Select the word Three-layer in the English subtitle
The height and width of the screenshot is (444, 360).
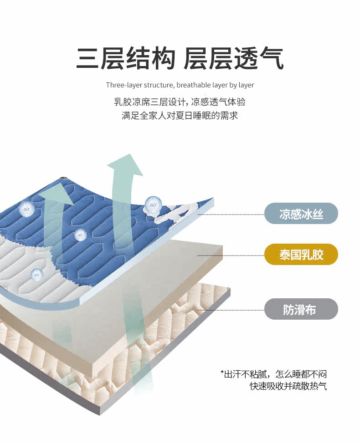(123, 85)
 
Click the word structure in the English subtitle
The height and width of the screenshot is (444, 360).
(158, 85)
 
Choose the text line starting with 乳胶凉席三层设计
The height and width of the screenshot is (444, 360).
(180, 102)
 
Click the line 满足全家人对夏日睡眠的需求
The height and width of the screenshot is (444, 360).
(180, 116)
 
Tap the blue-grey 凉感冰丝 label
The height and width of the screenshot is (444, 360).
(301, 214)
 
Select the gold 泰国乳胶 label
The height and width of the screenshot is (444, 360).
(301, 255)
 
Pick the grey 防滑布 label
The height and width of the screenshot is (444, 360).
(301, 309)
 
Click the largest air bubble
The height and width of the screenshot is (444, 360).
(153, 205)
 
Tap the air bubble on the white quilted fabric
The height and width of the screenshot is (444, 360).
(37, 275)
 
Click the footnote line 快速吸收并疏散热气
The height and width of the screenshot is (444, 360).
(288, 387)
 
